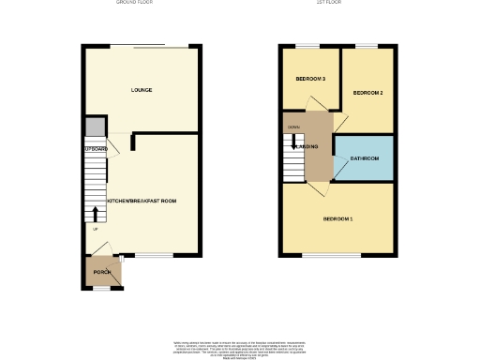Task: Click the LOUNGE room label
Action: [142, 90]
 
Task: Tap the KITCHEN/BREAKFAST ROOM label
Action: [142, 201]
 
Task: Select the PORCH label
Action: [101, 273]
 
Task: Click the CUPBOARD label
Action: [96, 149]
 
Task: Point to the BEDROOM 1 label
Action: [337, 218]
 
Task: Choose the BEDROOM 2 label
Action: [367, 93]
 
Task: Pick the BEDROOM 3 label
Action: [310, 79]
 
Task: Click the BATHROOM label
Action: [364, 158]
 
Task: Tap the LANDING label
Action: [307, 146]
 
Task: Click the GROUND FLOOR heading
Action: [135, 3]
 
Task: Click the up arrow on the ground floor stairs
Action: [94, 214]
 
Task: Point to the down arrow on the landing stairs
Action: [295, 145]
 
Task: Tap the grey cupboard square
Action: [94, 127]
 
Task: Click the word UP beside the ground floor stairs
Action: [94, 229]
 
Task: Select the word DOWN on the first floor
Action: [293, 127]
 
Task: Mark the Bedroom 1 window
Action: [331, 255]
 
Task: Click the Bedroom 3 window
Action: [307, 45]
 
